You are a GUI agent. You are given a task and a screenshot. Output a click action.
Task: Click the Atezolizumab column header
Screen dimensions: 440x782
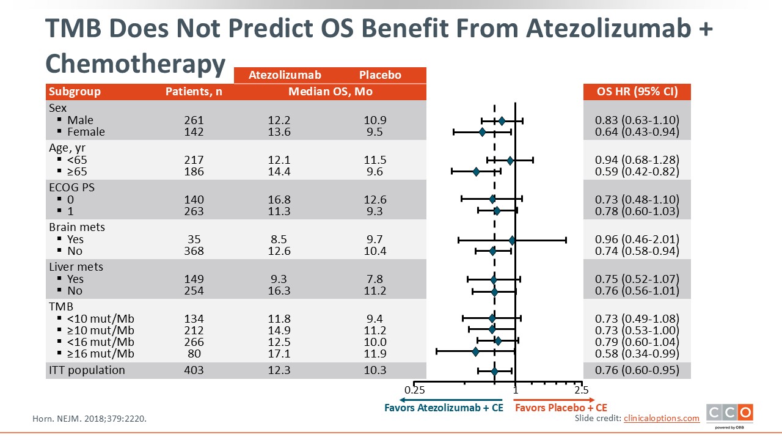[x=285, y=75]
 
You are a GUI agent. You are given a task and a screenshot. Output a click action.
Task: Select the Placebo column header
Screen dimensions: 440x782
[x=380, y=75]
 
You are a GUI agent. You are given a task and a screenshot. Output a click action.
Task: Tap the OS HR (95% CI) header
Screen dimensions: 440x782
[x=637, y=92]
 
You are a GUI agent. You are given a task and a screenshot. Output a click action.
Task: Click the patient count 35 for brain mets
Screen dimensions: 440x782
[x=194, y=240]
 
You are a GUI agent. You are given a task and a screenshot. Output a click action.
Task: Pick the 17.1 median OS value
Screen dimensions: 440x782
[x=279, y=354]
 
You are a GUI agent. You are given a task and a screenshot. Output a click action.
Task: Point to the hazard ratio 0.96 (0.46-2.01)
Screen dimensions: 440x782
[x=637, y=240]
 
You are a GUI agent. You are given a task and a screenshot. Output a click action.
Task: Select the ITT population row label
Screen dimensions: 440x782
[x=87, y=370]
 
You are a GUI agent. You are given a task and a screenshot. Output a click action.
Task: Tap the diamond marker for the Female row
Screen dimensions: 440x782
[x=482, y=132]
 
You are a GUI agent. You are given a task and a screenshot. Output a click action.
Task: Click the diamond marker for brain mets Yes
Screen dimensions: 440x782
[x=512, y=240]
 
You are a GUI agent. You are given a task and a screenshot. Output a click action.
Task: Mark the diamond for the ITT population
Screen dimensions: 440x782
[x=494, y=371]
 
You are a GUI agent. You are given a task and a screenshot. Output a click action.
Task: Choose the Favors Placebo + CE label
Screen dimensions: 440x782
[x=560, y=408]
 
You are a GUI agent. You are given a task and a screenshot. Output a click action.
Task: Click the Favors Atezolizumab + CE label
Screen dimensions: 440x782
[x=444, y=408]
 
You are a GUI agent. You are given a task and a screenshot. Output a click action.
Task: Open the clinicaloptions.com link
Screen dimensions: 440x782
[x=661, y=418]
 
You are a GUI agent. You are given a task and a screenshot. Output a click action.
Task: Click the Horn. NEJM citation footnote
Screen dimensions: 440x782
[x=89, y=419]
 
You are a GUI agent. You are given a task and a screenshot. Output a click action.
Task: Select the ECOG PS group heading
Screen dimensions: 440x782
[x=72, y=188]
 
